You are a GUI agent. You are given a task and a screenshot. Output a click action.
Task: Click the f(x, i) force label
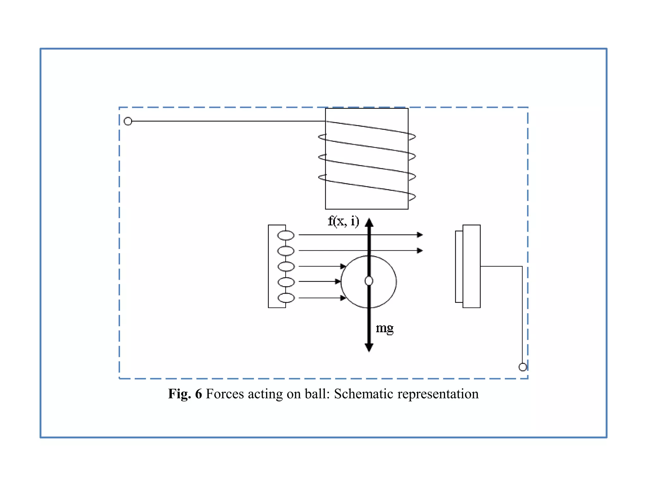[x=343, y=221]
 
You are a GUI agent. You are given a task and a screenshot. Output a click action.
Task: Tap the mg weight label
[x=384, y=328]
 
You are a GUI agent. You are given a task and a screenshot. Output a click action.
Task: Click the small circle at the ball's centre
[x=369, y=281]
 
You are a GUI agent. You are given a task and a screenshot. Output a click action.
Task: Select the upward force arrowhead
[x=369, y=222]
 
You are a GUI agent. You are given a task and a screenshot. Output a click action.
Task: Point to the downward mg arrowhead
[x=369, y=347]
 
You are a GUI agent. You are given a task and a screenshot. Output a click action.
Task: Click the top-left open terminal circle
[x=128, y=121]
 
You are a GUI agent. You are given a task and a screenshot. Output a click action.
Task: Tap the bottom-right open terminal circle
[x=523, y=367]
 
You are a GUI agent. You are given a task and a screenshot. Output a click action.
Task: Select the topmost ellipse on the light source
[x=286, y=235]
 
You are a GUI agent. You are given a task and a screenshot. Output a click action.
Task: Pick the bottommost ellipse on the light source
[x=286, y=298]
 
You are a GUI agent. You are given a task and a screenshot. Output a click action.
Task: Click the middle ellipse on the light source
[x=286, y=266]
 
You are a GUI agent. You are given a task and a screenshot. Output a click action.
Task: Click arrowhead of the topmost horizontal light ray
[x=420, y=235]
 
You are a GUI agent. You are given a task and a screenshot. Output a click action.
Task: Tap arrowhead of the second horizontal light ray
[x=420, y=251]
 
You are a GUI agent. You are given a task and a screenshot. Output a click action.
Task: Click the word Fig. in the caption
[x=179, y=394]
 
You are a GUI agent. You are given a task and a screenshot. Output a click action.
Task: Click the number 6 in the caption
[x=198, y=394]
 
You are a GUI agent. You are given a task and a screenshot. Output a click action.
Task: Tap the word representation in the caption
[x=438, y=394]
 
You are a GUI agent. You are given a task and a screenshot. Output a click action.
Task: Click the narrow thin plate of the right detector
[x=459, y=266]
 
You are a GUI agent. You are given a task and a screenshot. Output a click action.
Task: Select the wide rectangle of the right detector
[x=471, y=266]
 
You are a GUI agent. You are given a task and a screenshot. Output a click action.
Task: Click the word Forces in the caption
[x=225, y=394]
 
